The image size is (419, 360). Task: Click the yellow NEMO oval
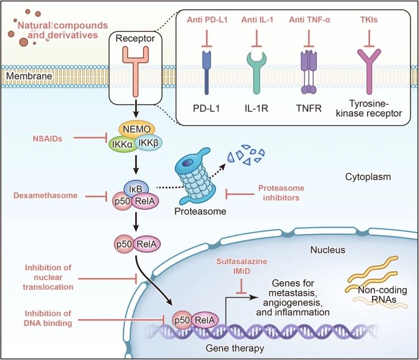[136, 129]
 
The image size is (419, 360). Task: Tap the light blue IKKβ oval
[149, 143]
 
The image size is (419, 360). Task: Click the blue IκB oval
[136, 189]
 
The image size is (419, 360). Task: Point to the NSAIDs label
[48, 139]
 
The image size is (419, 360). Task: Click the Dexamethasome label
[45, 195]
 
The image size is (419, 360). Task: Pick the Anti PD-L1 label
[207, 20]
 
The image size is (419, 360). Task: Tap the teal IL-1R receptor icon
[256, 72]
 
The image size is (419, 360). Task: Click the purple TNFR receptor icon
[309, 72]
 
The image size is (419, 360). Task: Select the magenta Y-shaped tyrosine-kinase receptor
[369, 72]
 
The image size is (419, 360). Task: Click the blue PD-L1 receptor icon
[207, 72]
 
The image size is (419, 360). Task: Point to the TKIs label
[369, 20]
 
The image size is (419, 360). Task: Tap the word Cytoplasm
[368, 177]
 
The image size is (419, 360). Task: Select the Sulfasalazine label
[242, 261]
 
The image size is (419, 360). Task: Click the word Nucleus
[328, 250]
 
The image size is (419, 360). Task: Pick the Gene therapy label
[235, 348]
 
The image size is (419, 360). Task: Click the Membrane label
[29, 76]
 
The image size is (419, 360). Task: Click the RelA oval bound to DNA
[205, 320]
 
